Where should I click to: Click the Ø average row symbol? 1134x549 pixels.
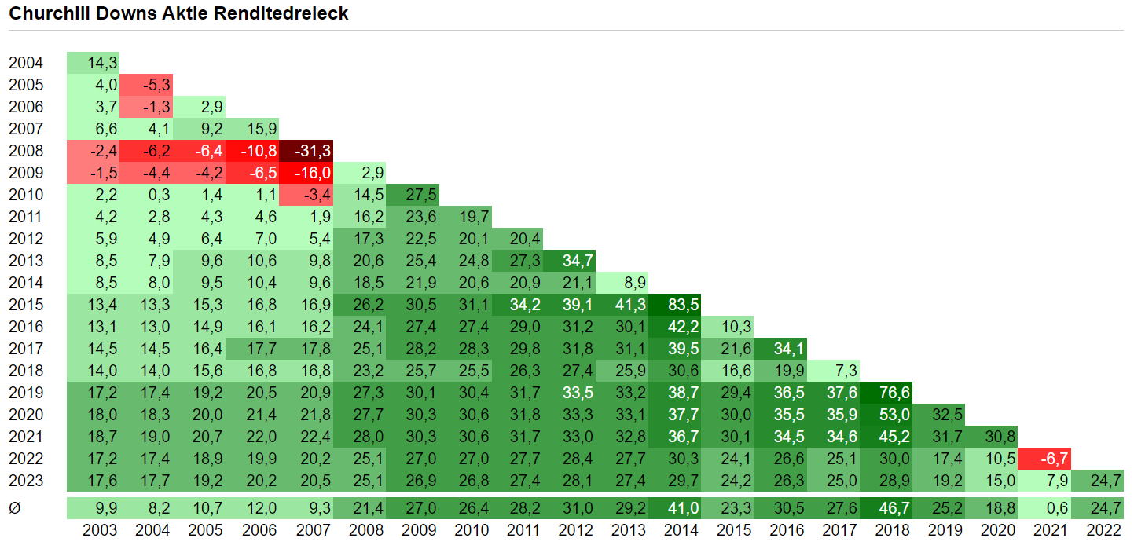(x=14, y=509)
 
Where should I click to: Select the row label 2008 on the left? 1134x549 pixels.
(x=26, y=151)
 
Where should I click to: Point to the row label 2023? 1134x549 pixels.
(x=26, y=481)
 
